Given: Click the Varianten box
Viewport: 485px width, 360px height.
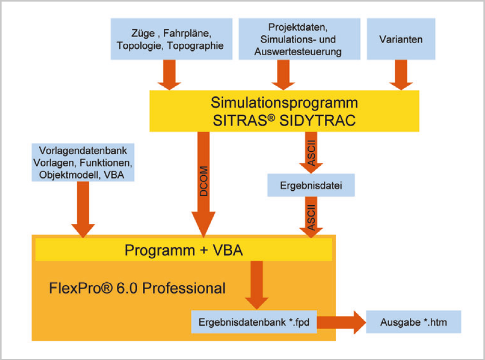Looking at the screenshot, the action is pyautogui.click(x=401, y=39).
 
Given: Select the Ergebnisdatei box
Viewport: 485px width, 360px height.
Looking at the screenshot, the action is pyautogui.click(x=311, y=185).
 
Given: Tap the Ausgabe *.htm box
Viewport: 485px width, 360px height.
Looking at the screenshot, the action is pyautogui.click(x=414, y=322).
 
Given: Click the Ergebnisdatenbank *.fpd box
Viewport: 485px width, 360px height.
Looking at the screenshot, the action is pyautogui.click(x=254, y=322).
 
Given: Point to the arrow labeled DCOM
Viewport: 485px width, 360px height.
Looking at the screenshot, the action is pyautogui.click(x=203, y=185).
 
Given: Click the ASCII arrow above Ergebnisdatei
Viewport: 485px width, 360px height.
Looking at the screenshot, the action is pyautogui.click(x=311, y=152).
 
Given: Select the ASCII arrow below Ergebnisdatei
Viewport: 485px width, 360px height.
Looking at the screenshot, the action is pyautogui.click(x=311, y=217).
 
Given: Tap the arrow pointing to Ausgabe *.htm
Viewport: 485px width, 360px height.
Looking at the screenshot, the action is pyautogui.click(x=342, y=322).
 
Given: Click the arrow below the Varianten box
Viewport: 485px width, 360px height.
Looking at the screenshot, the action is pyautogui.click(x=401, y=75).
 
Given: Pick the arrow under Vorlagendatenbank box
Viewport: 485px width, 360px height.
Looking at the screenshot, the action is pyautogui.click(x=83, y=210).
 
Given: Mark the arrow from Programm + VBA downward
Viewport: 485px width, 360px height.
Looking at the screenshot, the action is pyautogui.click(x=257, y=285).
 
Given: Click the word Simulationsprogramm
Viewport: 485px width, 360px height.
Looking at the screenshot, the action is pyautogui.click(x=284, y=102).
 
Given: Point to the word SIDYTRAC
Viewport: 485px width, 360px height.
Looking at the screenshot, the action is pyautogui.click(x=318, y=121).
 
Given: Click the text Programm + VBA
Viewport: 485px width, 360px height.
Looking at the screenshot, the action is pyautogui.click(x=184, y=250).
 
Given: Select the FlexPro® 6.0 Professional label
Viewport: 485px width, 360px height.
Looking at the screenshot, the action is pyautogui.click(x=137, y=288).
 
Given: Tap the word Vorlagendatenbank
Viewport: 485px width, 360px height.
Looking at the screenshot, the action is pyautogui.click(x=83, y=150).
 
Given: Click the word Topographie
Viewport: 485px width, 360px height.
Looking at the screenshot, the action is pyautogui.click(x=195, y=45).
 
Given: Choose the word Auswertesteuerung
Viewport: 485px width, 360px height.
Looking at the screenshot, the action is pyautogui.click(x=298, y=51).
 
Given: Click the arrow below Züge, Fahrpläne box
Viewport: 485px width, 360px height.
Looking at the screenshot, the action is pyautogui.click(x=169, y=75).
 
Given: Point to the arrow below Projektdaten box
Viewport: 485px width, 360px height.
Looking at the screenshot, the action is pyautogui.click(x=283, y=75).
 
